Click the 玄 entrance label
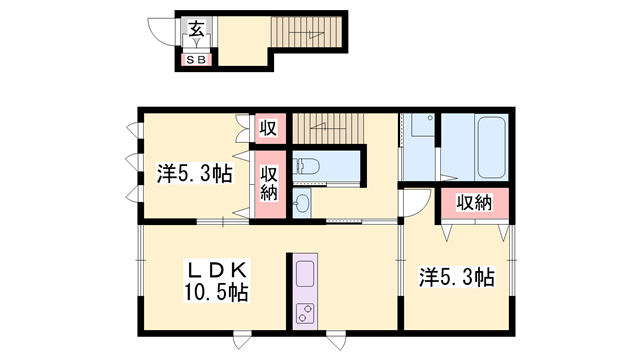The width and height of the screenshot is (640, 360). tap(196, 29)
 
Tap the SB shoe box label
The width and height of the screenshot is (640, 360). tap(196, 60)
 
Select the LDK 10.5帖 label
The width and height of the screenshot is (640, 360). tap(216, 281)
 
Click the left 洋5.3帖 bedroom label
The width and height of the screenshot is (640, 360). tap(195, 173)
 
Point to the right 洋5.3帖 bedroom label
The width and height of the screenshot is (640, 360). tap(457, 277)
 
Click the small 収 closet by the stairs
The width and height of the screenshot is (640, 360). tap(268, 128)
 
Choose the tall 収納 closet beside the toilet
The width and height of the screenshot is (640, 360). tap(269, 184)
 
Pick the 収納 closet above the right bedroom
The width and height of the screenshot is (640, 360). tap(474, 202)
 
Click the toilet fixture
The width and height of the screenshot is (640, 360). tap(306, 167)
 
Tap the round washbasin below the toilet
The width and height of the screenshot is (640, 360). tap(301, 202)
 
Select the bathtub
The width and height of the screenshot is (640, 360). tap(491, 147)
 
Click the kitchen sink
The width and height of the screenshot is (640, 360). tap(305, 274)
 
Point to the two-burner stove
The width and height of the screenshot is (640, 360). tap(305, 313)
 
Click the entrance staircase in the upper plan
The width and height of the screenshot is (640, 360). tap(306, 32)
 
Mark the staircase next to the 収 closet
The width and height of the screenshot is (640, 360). tap(328, 129)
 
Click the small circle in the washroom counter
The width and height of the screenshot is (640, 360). tap(430, 118)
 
